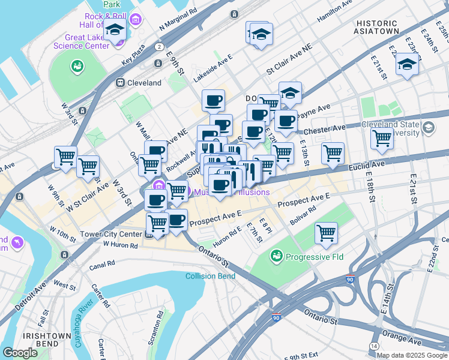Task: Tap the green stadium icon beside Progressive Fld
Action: [x=277, y=257]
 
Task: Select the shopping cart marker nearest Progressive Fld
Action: [x=326, y=233]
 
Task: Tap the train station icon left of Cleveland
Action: [x=120, y=82]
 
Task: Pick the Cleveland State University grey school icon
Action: [x=429, y=127]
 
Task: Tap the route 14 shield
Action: [x=374, y=347]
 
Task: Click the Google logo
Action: [x=20, y=353]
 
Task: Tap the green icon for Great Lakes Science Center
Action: [x=77, y=65]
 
